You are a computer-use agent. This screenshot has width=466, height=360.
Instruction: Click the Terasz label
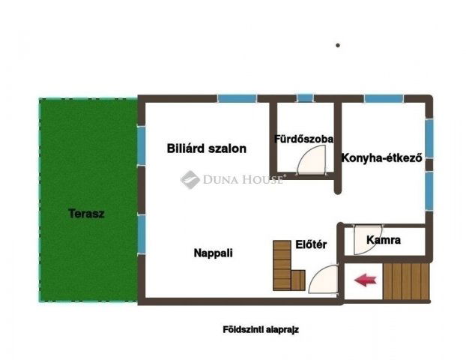tap(86, 214)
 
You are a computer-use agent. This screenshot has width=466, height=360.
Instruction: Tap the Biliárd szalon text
tap(206, 148)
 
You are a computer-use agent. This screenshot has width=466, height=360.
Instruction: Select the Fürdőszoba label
tap(303, 139)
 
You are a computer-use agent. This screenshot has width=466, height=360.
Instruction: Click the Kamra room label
tap(384, 241)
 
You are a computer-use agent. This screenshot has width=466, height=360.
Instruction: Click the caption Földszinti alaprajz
tap(261, 329)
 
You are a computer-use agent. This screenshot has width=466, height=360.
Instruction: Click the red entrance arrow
tap(365, 280)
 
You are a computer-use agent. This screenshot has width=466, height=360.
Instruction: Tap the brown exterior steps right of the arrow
tap(405, 280)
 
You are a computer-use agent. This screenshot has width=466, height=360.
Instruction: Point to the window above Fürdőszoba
tap(305, 98)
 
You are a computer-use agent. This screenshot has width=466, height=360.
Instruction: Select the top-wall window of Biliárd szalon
tap(236, 98)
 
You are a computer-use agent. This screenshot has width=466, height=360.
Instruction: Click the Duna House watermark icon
tap(189, 179)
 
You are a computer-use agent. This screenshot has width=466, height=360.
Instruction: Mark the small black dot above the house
tap(338, 45)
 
